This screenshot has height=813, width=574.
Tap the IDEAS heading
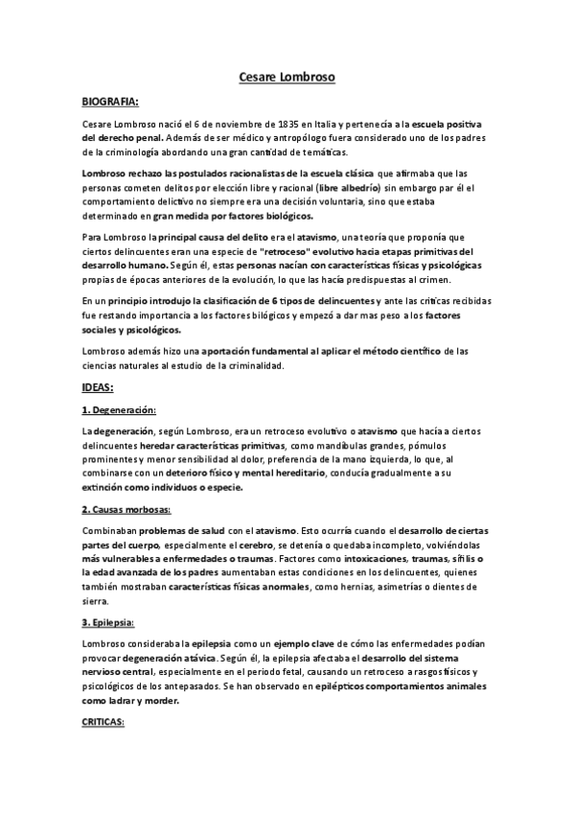(99, 387)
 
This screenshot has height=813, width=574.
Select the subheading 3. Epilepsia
(107, 620)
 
